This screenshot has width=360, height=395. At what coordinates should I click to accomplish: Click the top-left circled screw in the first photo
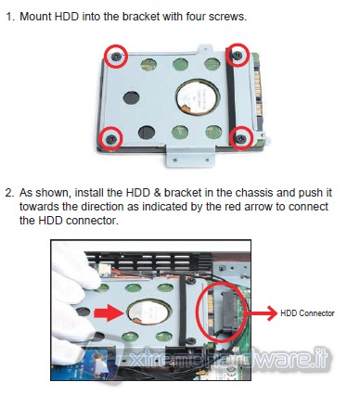tap(116, 56)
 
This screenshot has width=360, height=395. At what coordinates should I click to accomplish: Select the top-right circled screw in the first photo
tap(238, 55)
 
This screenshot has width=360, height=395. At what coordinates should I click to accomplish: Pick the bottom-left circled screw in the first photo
tap(111, 138)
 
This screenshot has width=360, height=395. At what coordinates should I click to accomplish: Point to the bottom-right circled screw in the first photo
tap(241, 138)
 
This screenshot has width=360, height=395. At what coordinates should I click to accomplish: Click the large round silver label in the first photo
tap(198, 96)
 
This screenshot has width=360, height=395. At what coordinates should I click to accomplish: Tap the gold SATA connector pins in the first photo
tap(259, 93)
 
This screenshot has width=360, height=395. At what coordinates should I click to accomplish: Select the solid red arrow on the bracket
tap(109, 313)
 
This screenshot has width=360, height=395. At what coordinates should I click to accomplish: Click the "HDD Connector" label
tap(307, 313)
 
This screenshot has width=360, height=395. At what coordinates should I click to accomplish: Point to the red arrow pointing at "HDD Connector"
tap(263, 313)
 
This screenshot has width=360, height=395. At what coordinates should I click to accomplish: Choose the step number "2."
tap(10, 193)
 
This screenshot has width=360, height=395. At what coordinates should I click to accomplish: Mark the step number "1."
tap(11, 17)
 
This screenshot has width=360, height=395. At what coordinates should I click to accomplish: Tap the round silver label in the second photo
tap(148, 312)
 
